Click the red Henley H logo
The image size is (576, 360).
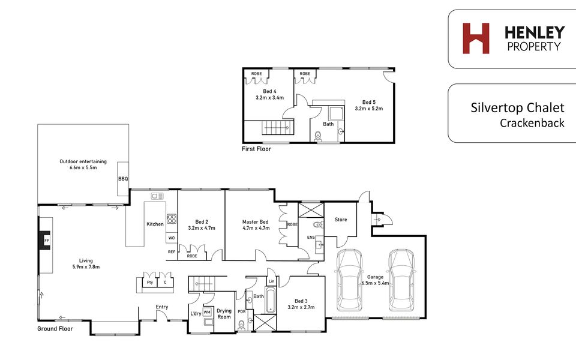point(476,38)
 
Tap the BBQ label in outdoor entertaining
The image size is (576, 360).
point(123,179)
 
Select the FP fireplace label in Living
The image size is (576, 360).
point(47,241)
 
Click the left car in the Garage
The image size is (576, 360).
point(350,280)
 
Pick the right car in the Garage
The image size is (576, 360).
point(402,280)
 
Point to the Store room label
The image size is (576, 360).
point(341,220)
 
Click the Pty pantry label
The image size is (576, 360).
point(150,283)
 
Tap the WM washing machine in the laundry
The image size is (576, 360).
point(207,312)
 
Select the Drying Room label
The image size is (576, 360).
point(224,314)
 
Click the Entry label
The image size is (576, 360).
point(161,307)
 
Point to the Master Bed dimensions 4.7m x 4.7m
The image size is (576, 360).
point(256,228)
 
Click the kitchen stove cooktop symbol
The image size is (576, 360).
point(172,219)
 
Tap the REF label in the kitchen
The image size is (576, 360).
point(172,252)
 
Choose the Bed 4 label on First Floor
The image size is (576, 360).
point(269,91)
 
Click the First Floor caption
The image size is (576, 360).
point(256,149)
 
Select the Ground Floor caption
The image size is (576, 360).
point(55,329)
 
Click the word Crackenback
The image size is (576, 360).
point(532,122)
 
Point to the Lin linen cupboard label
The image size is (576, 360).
point(271,281)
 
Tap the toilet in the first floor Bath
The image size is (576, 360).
point(318,137)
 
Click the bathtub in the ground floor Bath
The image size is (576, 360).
point(271,301)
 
